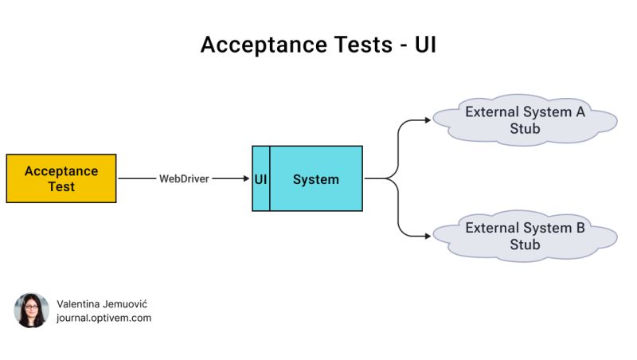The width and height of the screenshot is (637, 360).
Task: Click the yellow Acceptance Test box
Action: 61,178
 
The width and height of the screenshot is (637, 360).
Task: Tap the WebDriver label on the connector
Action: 184,179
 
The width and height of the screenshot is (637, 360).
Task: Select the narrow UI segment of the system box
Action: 260,179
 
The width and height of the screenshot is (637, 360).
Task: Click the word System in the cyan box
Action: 315,179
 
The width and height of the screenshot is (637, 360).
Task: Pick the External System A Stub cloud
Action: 525,120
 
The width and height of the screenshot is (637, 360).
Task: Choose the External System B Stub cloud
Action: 525,236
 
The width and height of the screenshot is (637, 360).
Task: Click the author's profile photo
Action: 31,311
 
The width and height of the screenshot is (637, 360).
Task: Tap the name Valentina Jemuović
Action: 102,304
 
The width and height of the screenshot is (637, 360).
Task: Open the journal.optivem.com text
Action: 104,318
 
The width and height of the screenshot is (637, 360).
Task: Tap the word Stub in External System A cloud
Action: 525,129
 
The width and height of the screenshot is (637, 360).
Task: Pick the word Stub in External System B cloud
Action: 525,245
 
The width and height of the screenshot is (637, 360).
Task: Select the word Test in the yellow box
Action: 61,186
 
